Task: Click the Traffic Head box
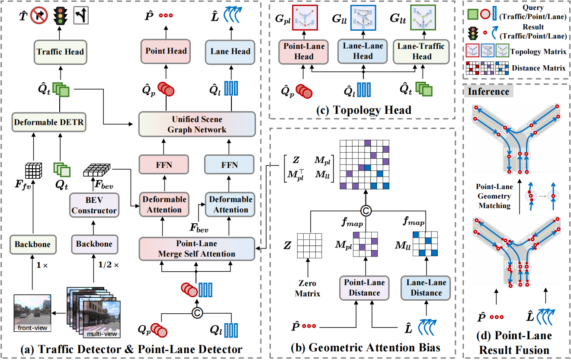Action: (x=61, y=52)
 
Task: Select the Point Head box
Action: (x=166, y=51)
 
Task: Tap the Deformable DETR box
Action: (x=49, y=122)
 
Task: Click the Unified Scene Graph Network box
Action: (x=197, y=124)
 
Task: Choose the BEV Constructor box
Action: (x=94, y=205)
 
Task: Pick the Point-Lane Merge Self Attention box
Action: (x=197, y=249)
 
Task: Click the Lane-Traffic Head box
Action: (x=421, y=51)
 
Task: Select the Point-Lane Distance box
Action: (x=364, y=288)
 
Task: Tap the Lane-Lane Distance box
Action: (x=426, y=288)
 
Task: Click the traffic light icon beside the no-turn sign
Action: (x=61, y=15)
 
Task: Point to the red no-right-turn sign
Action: (x=39, y=15)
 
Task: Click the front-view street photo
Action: (x=32, y=313)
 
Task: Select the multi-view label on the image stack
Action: (x=102, y=334)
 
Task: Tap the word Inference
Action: (x=488, y=92)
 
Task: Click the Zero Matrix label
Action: (x=308, y=288)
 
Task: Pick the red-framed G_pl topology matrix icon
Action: (x=305, y=18)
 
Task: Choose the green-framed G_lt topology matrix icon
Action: (x=423, y=18)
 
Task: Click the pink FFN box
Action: (x=164, y=165)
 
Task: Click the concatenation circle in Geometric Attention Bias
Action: (x=366, y=211)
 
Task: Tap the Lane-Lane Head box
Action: (x=362, y=51)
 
